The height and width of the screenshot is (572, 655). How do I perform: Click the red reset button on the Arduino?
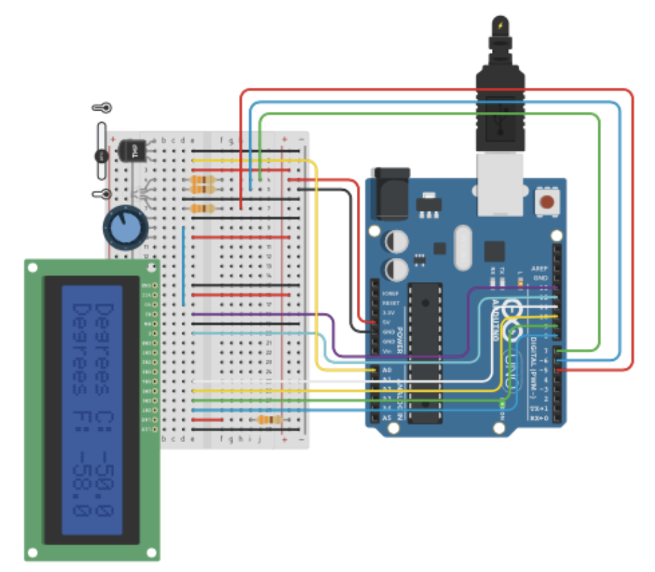click(x=546, y=202)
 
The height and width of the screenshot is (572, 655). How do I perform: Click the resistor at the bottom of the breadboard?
click(x=269, y=420)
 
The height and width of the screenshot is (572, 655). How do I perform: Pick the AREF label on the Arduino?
click(x=540, y=269)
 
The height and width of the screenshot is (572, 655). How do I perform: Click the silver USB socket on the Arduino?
click(x=500, y=184)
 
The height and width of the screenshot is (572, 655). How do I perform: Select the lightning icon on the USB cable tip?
click(x=500, y=26)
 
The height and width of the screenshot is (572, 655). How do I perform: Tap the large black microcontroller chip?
click(x=426, y=353)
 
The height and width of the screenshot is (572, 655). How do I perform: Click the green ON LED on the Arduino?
click(x=502, y=406)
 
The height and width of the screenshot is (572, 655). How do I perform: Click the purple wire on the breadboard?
click(x=257, y=314)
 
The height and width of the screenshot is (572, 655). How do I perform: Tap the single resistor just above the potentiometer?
click(x=202, y=209)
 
